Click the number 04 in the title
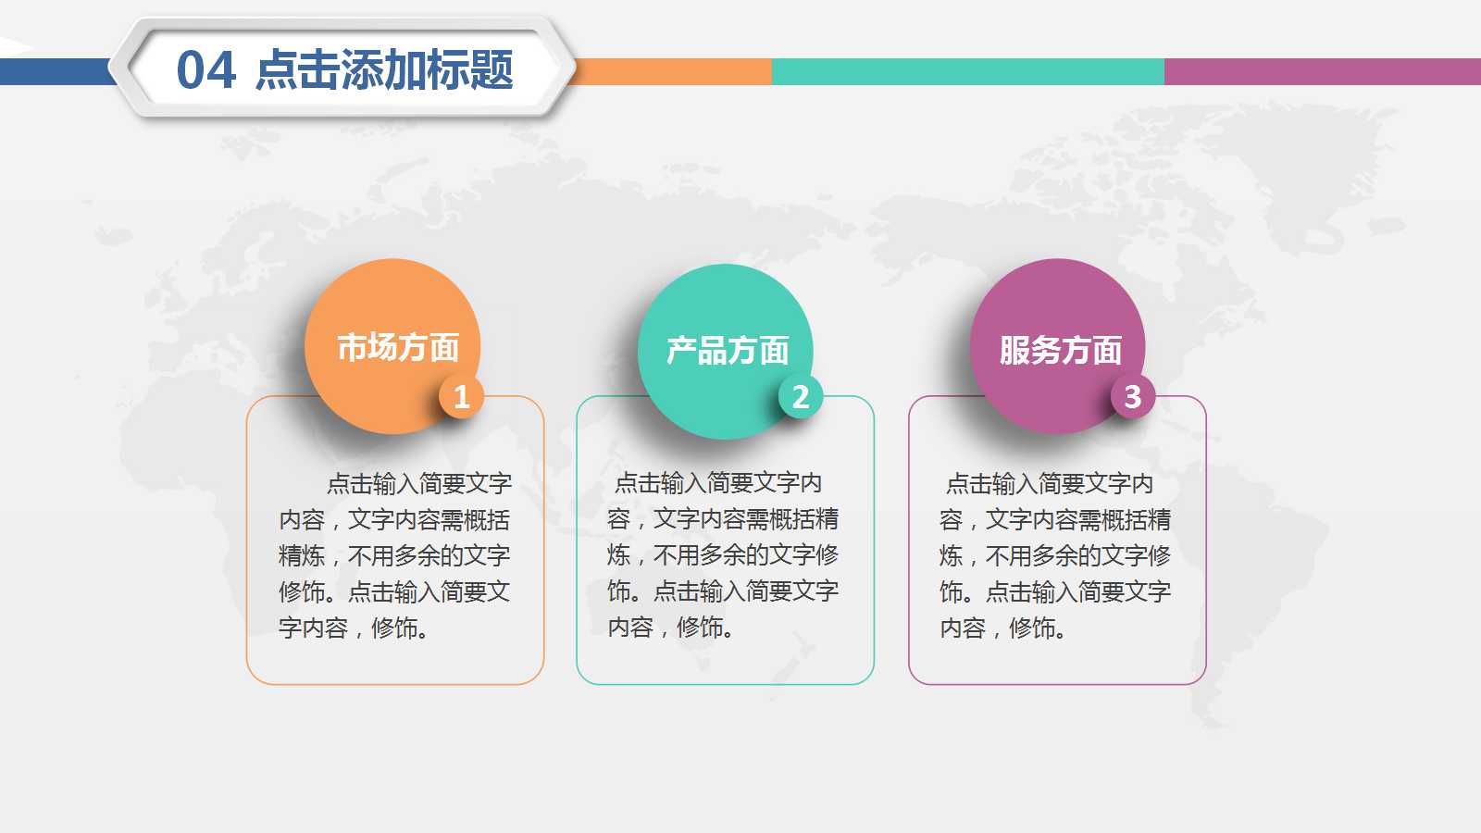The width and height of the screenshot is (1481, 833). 205,71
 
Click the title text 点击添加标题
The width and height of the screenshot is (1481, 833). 383,70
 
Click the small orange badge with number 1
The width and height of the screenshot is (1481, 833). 461,397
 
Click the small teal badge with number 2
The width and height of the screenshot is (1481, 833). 801,397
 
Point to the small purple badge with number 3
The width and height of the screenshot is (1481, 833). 1132,397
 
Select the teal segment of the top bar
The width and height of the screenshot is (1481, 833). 967,71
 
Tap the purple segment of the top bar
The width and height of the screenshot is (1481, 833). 1322,71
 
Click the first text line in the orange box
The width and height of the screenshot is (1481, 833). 418,483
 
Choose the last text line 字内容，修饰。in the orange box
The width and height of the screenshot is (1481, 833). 354,628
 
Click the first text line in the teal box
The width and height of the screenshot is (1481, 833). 718,482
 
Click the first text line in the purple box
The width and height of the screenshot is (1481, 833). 1050,483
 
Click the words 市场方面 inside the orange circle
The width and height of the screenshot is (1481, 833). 398,348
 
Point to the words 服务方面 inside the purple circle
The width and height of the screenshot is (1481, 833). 1060,351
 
